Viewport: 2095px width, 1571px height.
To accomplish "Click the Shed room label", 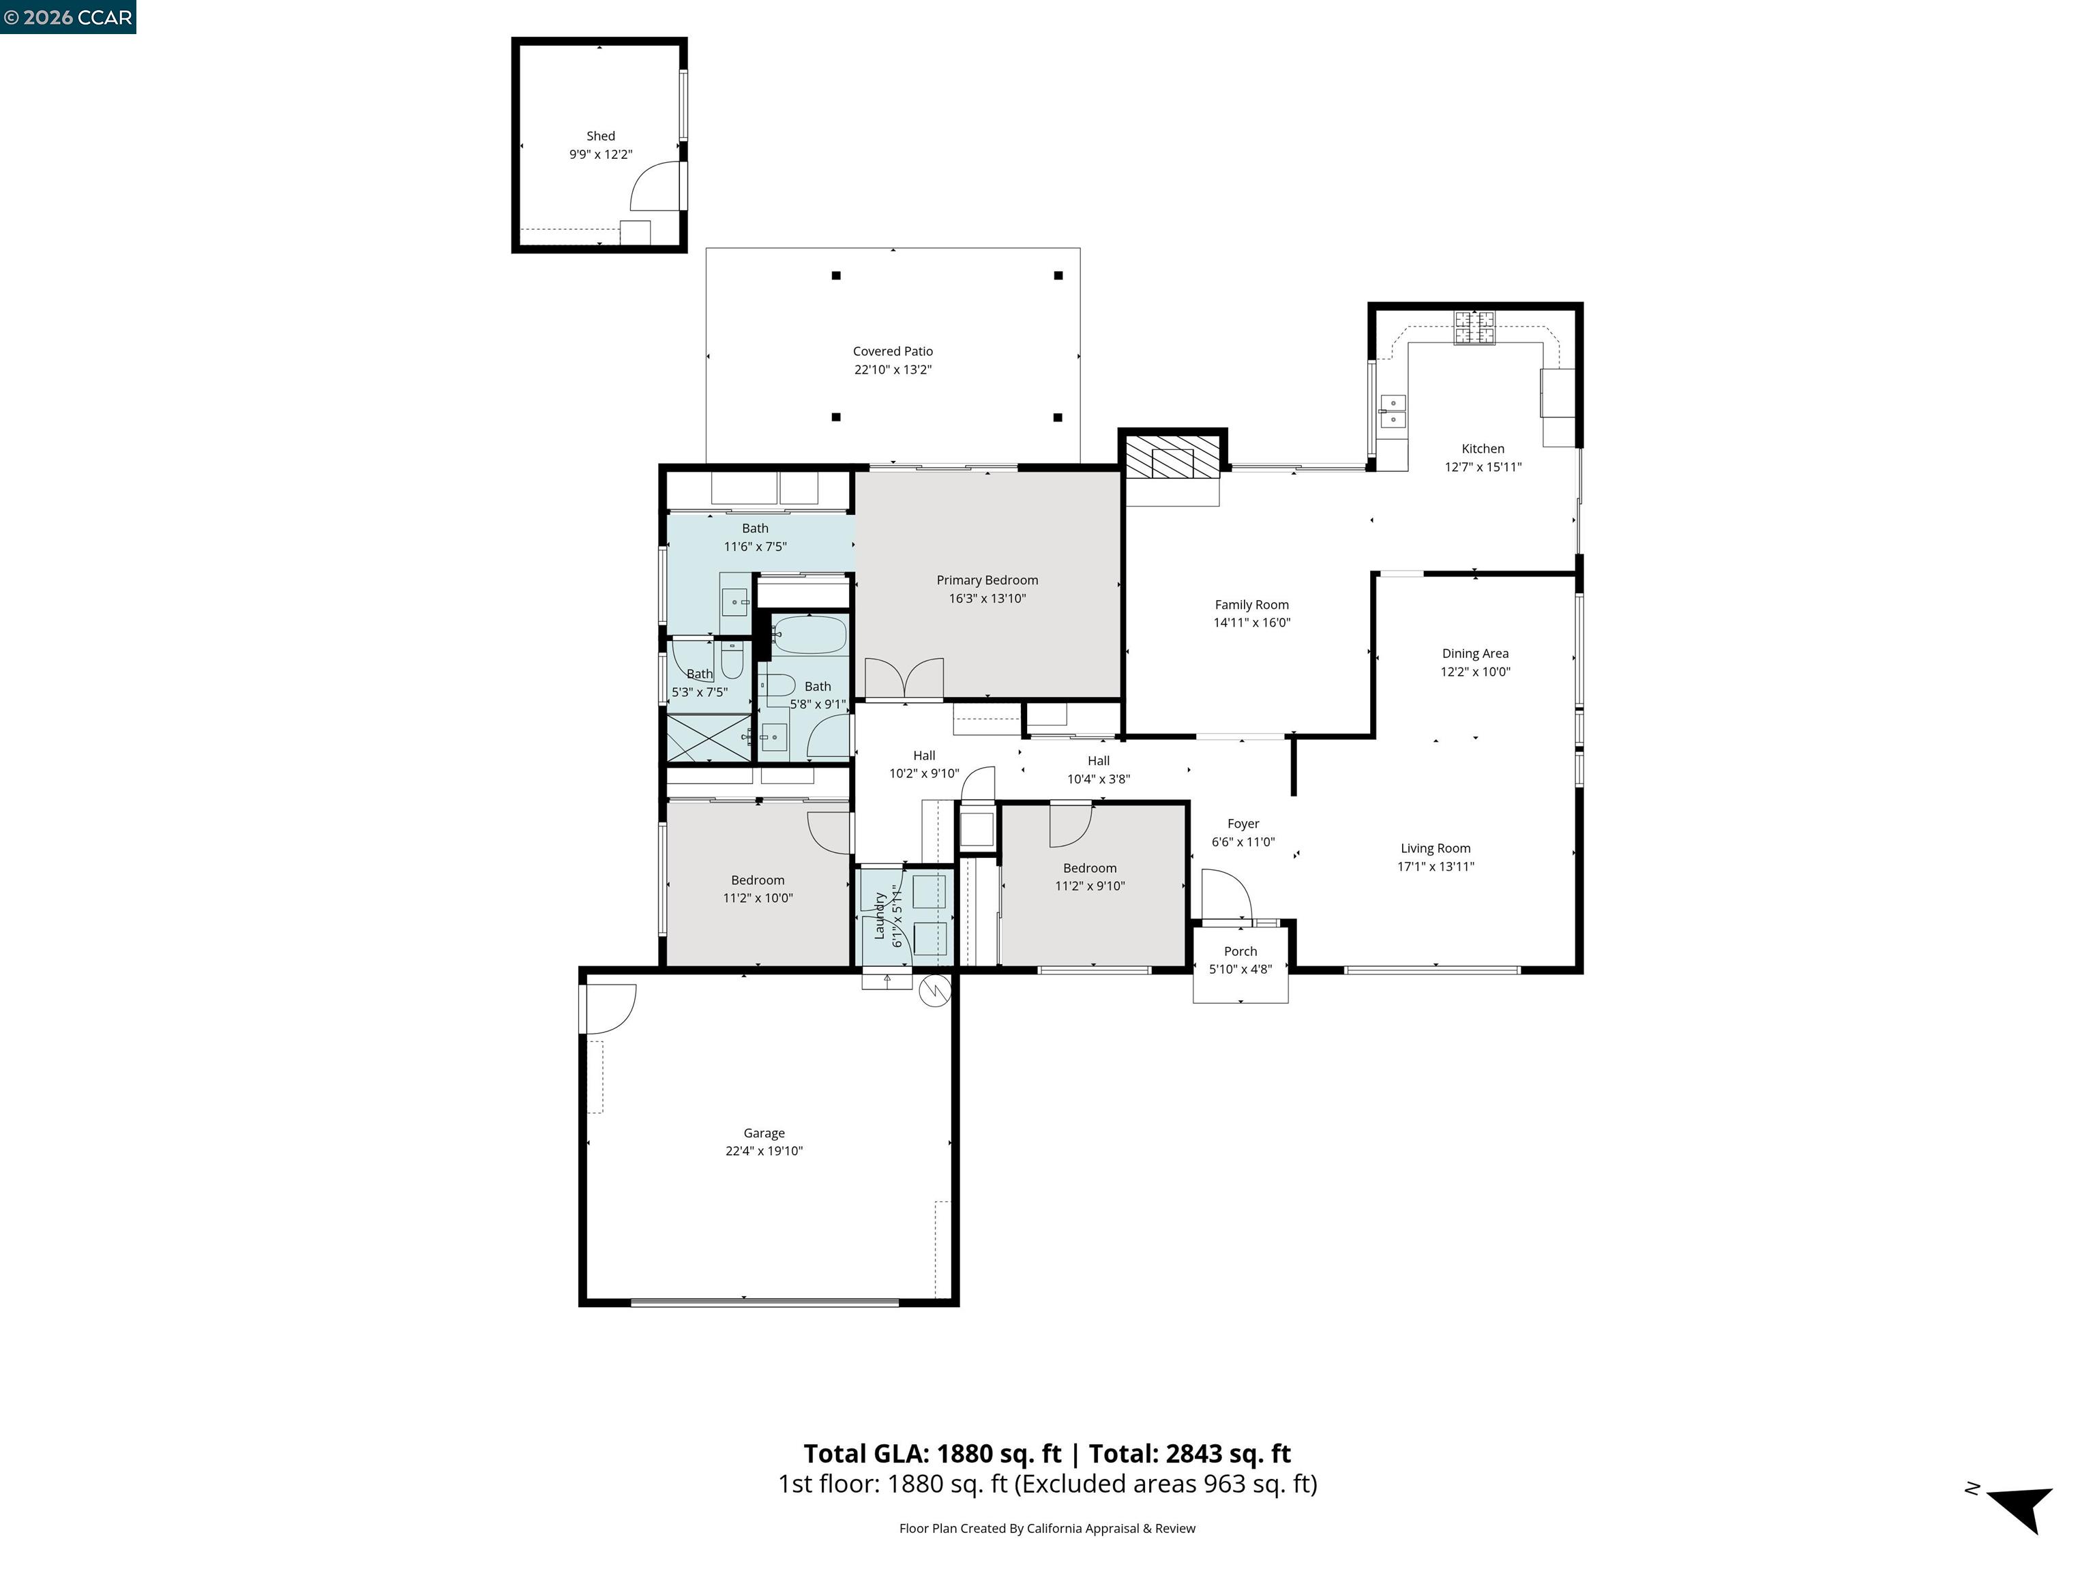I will pos(600,136).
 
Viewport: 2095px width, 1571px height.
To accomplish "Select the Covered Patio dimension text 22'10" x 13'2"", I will pos(892,370).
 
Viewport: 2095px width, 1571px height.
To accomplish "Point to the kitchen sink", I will pos(1393,411).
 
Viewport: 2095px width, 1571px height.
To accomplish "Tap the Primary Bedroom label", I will pos(987,580).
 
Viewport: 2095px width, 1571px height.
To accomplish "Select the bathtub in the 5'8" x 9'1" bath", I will pos(809,634).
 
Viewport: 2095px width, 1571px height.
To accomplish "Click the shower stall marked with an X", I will pos(709,738).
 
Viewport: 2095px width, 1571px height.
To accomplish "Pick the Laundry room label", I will pos(879,915).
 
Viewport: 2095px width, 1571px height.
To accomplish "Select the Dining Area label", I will pos(1474,653).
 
